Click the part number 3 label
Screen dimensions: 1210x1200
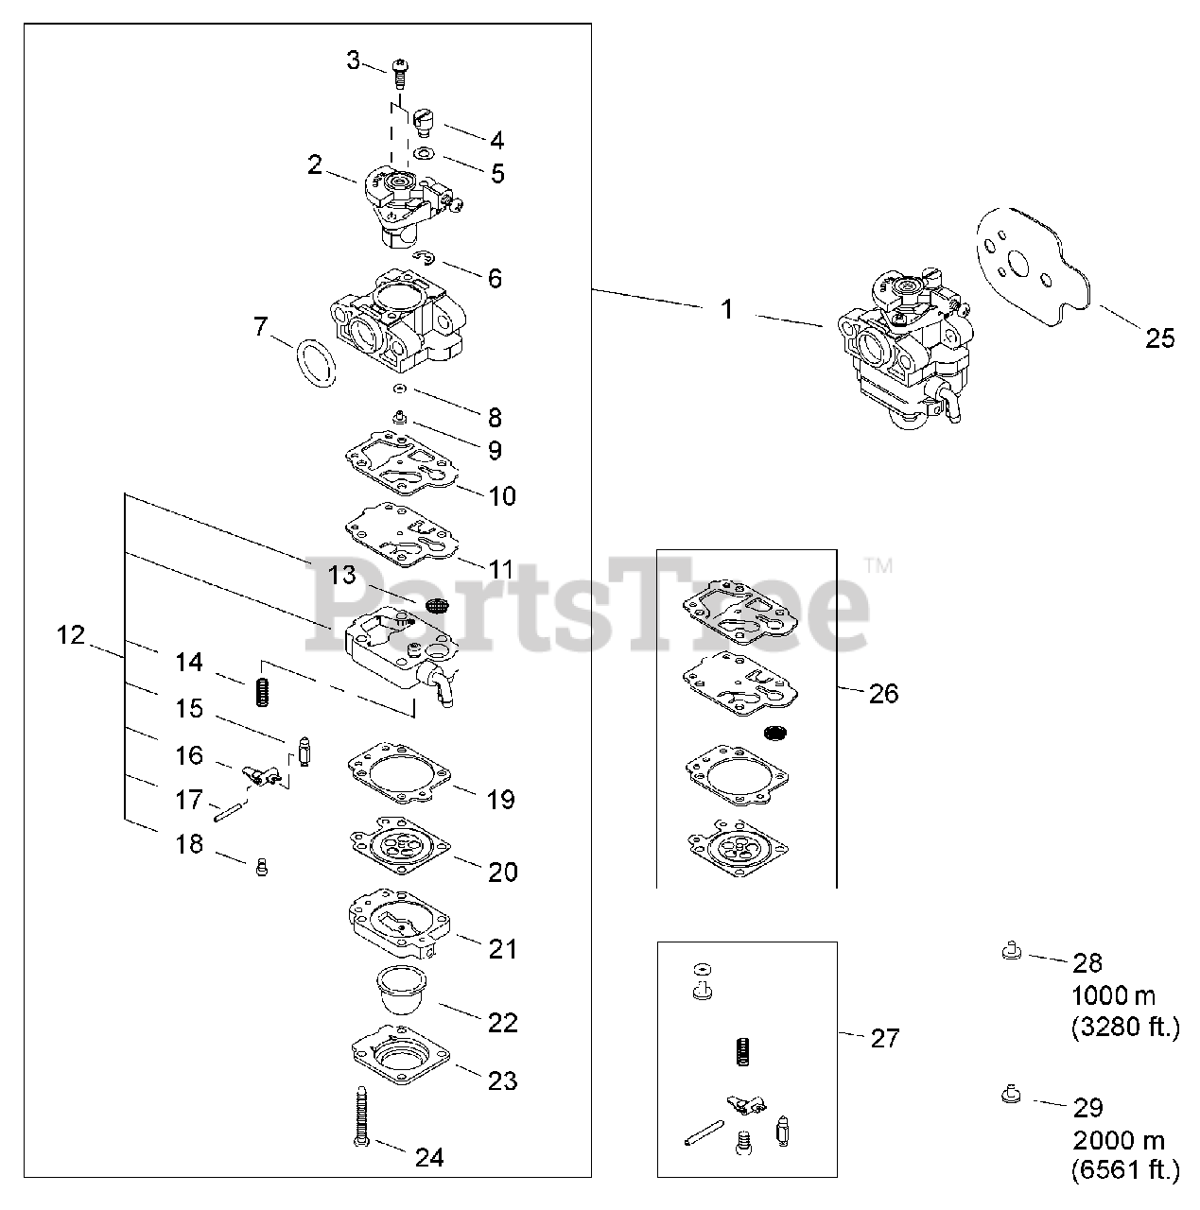point(353,62)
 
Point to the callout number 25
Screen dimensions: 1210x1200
point(1159,337)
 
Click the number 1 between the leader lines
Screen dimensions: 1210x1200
point(727,309)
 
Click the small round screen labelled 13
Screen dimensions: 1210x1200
point(436,604)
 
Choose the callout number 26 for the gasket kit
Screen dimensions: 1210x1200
point(883,694)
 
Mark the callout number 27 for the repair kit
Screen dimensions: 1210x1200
point(884,1038)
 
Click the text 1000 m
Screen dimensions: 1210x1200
point(1113,995)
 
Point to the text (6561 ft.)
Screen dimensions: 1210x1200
point(1125,1171)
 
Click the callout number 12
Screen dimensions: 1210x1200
point(70,635)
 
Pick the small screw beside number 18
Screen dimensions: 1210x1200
point(263,866)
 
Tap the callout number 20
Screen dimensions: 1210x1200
point(503,872)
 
